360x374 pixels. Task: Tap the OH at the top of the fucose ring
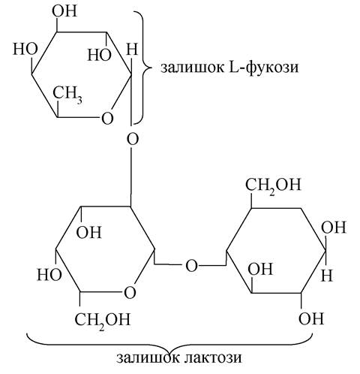pos(64,11)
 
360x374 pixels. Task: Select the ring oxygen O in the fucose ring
pos(107,118)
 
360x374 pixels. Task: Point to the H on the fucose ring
pos(132,49)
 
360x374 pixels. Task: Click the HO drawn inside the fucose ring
pos(99,55)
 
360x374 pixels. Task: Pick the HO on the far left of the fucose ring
pos(25,49)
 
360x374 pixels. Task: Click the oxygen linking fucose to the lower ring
pos(133,139)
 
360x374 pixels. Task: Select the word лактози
pos(213,357)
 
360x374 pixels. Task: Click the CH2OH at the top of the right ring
pos(273,185)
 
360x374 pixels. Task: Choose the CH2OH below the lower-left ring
pos(103,320)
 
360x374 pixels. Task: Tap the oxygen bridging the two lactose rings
pos(191,266)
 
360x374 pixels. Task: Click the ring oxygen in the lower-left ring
pos(130,292)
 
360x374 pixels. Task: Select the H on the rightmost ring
pos(327,276)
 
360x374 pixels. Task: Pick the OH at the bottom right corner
pos(311,318)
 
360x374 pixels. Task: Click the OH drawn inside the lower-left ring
pos(89,232)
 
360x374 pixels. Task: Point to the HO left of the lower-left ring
pos(49,275)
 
